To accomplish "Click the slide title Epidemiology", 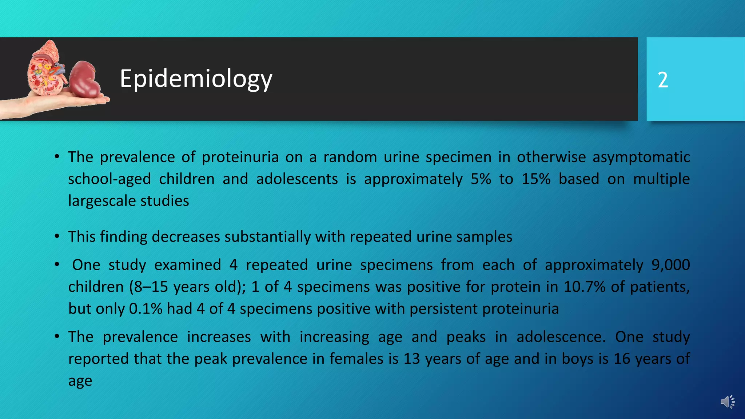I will coord(196,79).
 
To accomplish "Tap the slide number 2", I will coord(663,80).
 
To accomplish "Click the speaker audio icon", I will coord(728,402).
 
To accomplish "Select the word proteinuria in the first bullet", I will coord(240,157).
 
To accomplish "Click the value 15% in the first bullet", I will coord(536,179).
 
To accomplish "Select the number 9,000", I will coord(670,265).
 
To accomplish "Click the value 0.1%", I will coord(146,309).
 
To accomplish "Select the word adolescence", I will coord(561,337).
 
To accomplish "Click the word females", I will coord(356,359).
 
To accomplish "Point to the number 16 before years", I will coord(622,359).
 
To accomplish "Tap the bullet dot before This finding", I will coord(57,237).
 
